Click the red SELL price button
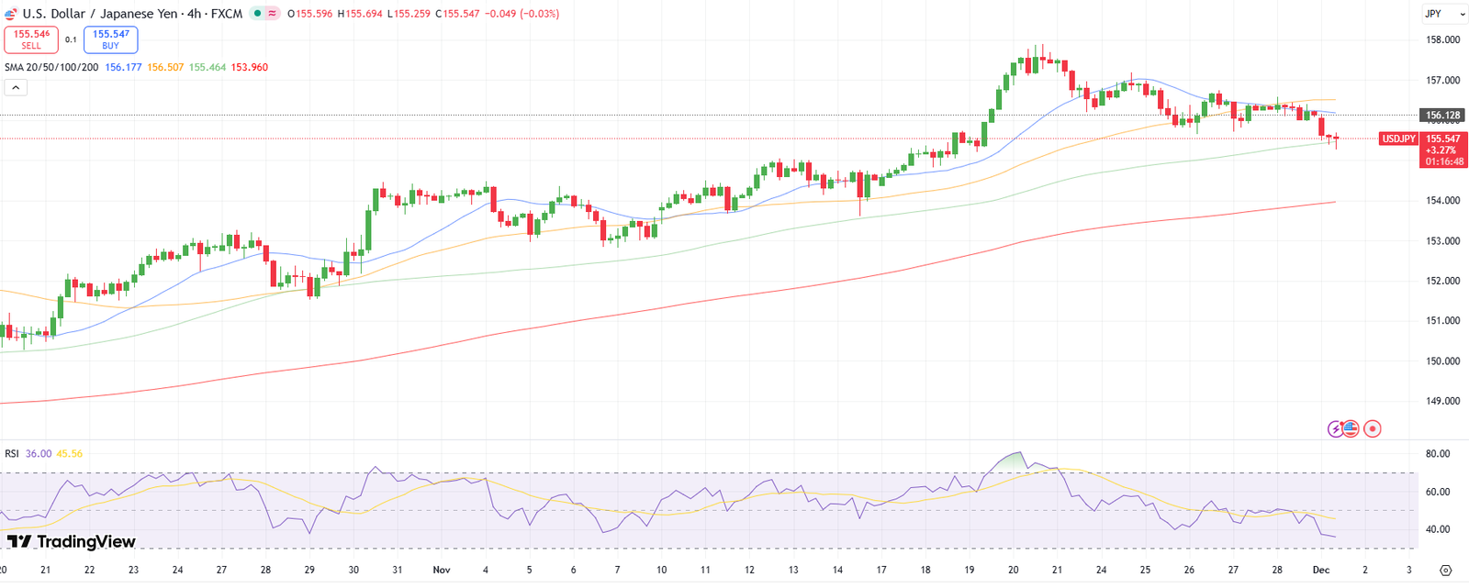[x=31, y=39]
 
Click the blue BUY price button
[x=110, y=39]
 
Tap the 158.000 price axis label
[x=1442, y=40]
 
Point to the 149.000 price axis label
[x=1442, y=402]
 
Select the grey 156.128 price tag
[x=1442, y=116]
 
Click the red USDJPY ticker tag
[x=1398, y=139]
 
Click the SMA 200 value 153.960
[x=249, y=68]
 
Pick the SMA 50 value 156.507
[x=165, y=68]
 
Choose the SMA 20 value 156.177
[x=123, y=68]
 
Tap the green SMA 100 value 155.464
[x=207, y=68]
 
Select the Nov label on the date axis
[x=442, y=570]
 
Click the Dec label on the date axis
[x=1321, y=570]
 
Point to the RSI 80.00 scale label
[x=1438, y=454]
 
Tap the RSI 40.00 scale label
[x=1438, y=530]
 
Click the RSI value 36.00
[x=39, y=454]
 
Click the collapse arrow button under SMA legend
[x=16, y=88]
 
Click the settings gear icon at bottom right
[x=1446, y=571]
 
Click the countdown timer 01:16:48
[x=1444, y=161]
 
